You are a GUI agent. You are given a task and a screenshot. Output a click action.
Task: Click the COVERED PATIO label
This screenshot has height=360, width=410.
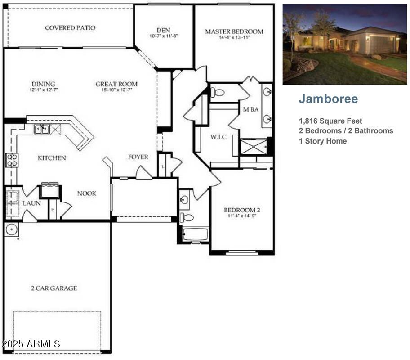[x=70, y=28]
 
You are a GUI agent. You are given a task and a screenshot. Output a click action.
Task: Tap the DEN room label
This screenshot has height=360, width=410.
[x=164, y=30]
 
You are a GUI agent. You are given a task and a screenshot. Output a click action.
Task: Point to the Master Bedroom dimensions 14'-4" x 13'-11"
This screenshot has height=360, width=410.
[x=234, y=37]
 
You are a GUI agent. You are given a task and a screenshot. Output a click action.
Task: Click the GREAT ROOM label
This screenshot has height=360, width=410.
[x=116, y=84]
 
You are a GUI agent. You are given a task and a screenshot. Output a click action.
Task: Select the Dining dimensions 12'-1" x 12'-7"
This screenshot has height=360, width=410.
[x=44, y=90]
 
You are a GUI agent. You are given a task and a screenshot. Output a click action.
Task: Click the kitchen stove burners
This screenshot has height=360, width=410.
[x=12, y=160]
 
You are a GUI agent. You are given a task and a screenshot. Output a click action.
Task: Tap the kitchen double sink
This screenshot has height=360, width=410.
[x=42, y=129]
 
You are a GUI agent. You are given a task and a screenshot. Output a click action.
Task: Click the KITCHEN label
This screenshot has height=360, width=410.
[x=52, y=158]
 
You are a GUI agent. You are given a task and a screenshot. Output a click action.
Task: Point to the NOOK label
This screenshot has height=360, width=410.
[x=87, y=193]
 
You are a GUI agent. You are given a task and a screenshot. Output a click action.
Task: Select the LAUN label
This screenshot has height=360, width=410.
[x=31, y=203]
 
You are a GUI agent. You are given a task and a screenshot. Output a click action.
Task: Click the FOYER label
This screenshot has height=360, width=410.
[x=138, y=157]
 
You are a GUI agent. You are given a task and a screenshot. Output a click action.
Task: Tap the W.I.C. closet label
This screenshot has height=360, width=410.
[x=219, y=137]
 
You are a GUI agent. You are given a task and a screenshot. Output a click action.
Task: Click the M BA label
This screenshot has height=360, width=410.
[x=251, y=109]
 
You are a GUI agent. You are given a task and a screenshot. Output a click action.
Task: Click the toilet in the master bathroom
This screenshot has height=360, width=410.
[x=218, y=92]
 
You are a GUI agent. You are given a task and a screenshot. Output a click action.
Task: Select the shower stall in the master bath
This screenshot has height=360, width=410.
[x=254, y=147]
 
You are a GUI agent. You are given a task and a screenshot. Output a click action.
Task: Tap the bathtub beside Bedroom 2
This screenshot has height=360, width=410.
[x=195, y=234]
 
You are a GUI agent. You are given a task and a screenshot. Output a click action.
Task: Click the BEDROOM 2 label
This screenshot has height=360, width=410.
[x=242, y=210]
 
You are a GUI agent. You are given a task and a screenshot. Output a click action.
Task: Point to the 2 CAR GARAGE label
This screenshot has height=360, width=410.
[x=54, y=288]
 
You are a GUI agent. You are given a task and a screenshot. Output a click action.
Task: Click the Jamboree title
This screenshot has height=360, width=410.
[x=329, y=99]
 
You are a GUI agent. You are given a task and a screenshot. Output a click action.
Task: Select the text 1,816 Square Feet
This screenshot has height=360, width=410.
[x=330, y=121]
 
